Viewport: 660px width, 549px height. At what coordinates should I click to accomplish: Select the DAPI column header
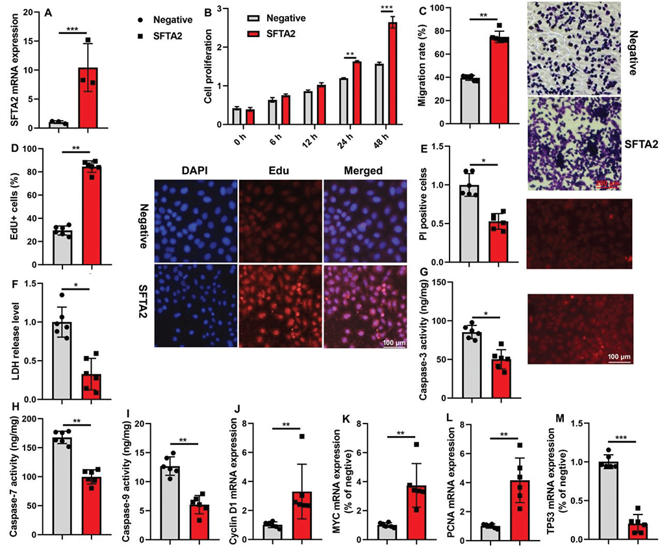click(x=194, y=171)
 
